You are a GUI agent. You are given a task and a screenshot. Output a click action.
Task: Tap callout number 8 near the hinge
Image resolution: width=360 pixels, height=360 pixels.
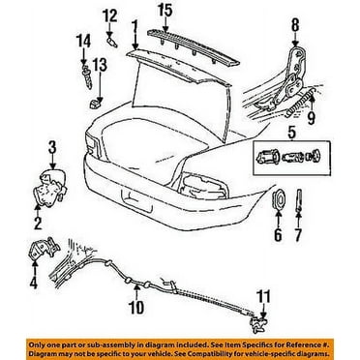pos(295,22)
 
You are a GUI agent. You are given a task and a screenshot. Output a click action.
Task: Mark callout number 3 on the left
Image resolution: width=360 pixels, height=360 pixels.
pos(53,146)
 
